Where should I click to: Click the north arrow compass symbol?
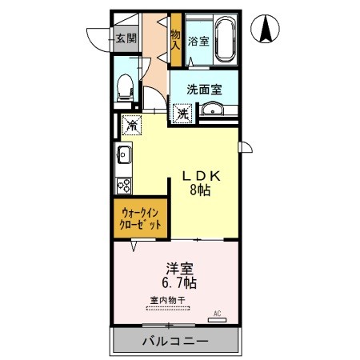[x=266, y=30]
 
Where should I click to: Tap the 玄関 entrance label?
[x=125, y=38]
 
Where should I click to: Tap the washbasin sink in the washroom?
[x=211, y=110]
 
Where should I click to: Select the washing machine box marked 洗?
[x=182, y=114]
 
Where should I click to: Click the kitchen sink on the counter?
[x=125, y=154]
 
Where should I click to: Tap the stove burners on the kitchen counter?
[x=125, y=185]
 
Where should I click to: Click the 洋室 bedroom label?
[x=178, y=269]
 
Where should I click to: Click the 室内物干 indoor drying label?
[x=168, y=301]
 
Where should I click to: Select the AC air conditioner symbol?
[x=216, y=317]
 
